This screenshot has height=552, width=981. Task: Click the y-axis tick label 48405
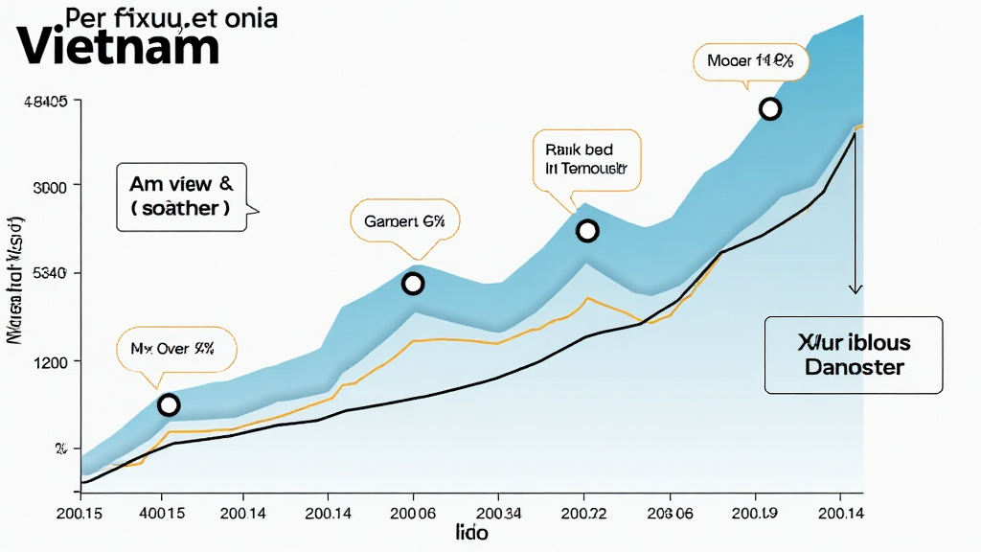(x=44, y=103)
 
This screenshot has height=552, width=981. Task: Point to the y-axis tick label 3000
(x=50, y=187)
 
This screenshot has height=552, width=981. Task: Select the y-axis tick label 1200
(x=50, y=362)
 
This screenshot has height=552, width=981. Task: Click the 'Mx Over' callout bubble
(x=164, y=351)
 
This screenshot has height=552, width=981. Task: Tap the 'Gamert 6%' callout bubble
(x=404, y=221)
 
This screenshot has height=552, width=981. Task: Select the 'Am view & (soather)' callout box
(x=180, y=195)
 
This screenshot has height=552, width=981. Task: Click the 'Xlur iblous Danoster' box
(x=853, y=355)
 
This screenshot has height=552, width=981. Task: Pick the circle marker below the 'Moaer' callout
(x=769, y=109)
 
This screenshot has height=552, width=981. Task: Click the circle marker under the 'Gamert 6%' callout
(x=413, y=284)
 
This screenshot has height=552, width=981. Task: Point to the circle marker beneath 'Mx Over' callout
(x=169, y=405)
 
